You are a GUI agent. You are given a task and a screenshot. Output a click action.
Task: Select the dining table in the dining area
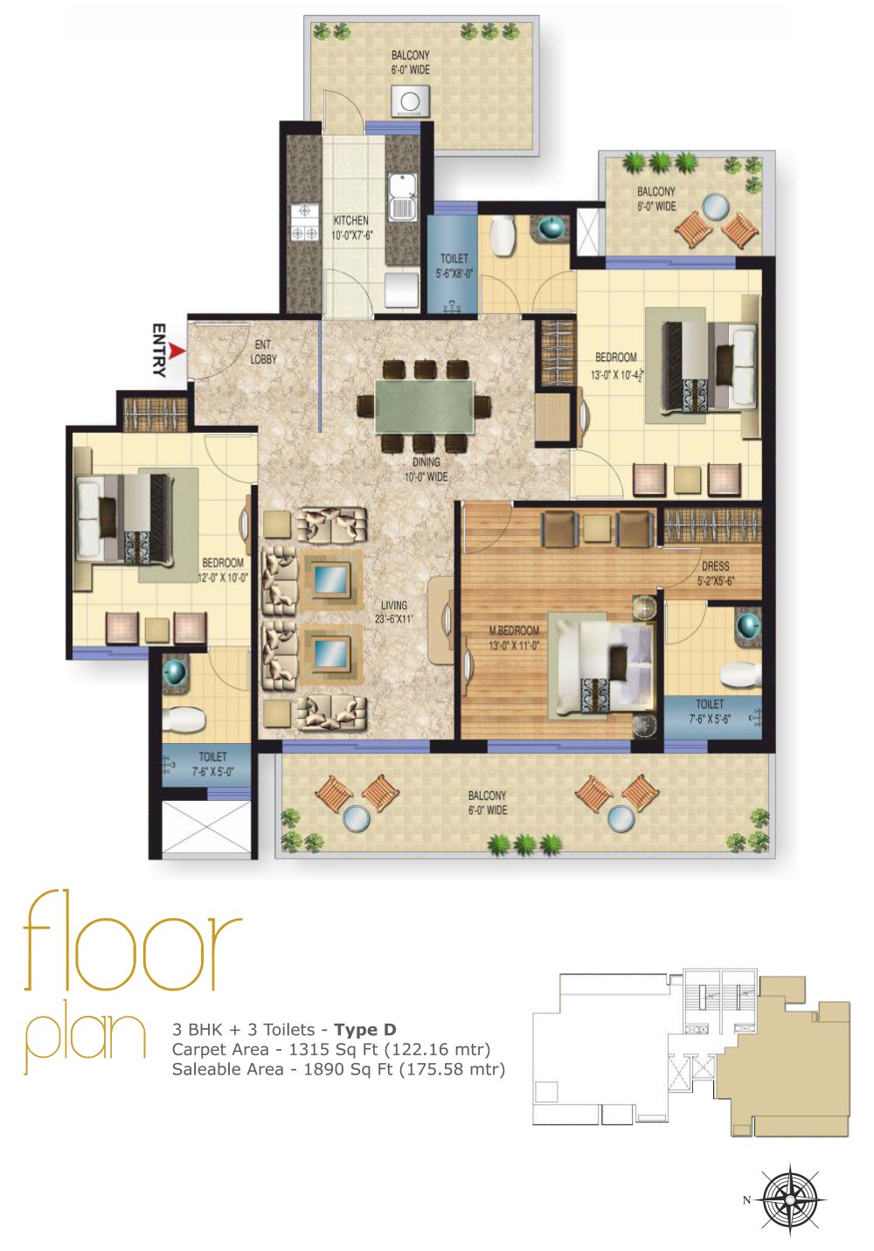point(425,406)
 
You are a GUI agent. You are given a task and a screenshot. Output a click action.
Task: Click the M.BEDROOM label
point(514,637)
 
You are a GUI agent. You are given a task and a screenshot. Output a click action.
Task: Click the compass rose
point(790,1199)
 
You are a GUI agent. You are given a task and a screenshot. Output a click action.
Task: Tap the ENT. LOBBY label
point(263,351)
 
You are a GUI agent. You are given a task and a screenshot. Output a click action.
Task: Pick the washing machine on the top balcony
point(409,101)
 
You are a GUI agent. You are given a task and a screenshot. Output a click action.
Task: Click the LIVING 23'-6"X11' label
point(394,612)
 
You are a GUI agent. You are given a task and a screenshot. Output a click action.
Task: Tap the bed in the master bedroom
point(602,668)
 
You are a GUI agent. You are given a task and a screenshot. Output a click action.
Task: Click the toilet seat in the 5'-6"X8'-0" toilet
point(504,234)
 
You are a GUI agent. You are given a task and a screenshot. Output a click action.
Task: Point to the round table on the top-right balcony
point(716,207)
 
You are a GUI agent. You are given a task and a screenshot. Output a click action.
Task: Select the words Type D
point(364,1029)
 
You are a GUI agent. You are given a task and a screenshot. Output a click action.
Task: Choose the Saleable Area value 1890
point(321,1068)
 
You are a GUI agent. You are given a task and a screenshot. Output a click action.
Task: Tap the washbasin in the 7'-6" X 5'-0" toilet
point(176,672)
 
